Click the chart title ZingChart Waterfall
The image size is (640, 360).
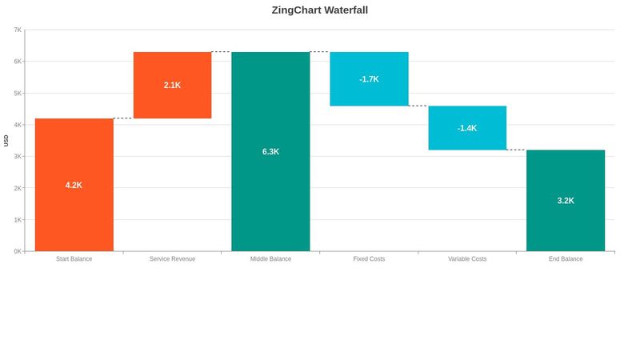[320, 10]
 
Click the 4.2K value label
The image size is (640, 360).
[74, 185]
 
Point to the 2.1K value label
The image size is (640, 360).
[172, 85]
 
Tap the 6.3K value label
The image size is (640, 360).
[270, 151]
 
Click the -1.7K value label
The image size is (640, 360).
[369, 79]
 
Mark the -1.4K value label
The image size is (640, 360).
[467, 128]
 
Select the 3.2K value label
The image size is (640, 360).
[566, 201]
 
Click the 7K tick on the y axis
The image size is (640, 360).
[18, 30]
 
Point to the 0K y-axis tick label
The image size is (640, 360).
[18, 251]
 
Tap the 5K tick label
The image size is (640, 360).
[18, 93]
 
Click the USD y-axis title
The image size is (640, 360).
[6, 140]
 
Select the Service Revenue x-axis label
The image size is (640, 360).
[172, 259]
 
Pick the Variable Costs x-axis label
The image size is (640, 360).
[467, 259]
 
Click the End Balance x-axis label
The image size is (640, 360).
[566, 259]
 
